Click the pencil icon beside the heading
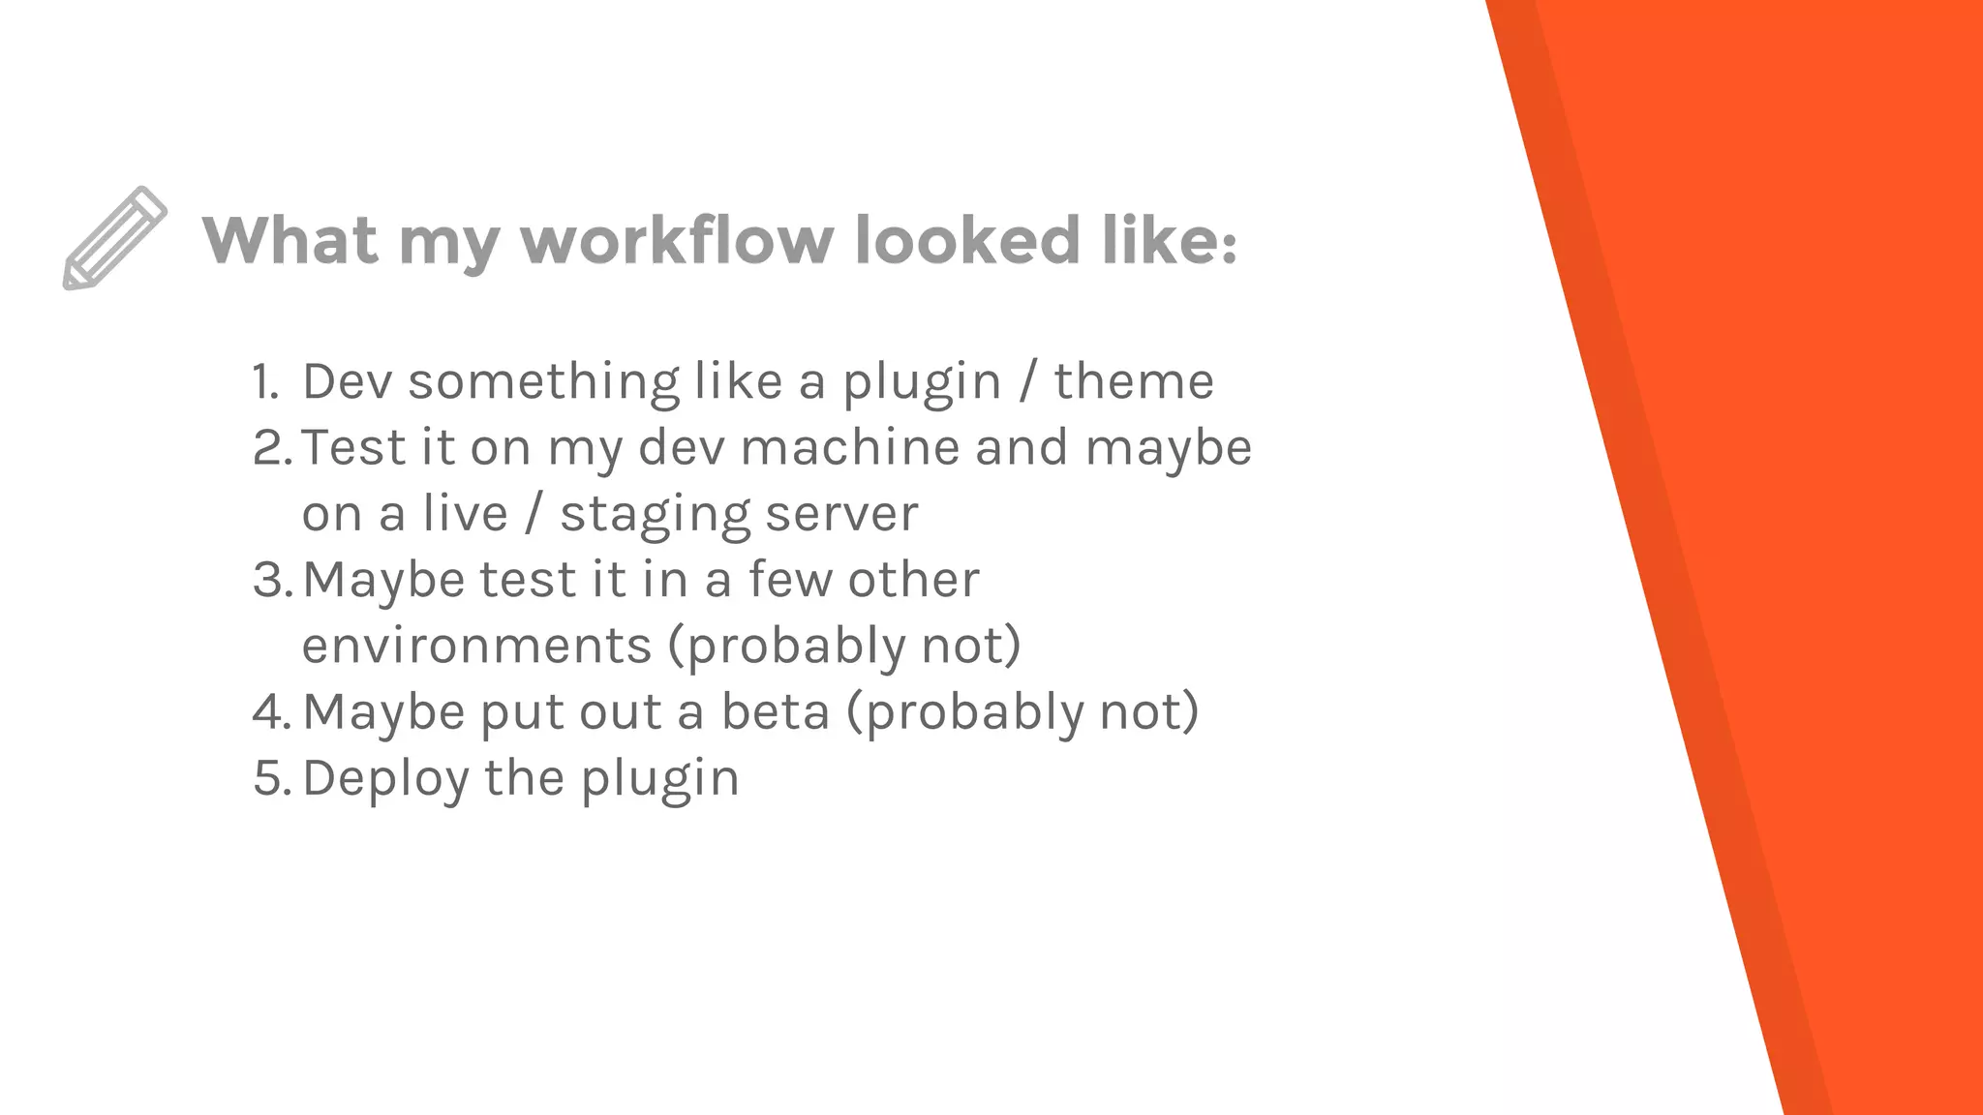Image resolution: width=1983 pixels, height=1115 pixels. pos(114,238)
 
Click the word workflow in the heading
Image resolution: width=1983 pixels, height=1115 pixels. pos(677,240)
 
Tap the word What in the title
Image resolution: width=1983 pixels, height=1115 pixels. pos(290,240)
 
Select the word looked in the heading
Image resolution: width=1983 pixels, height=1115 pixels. pos(967,240)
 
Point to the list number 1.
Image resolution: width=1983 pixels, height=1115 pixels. pos(264,381)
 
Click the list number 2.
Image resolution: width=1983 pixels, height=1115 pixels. pos(270,448)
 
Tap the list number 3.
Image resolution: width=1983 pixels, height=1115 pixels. pos(270,580)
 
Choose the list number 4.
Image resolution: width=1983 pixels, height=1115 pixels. pos(270,712)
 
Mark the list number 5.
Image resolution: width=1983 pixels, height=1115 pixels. pos(270,778)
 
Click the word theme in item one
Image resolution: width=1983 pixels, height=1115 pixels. pos(1134,381)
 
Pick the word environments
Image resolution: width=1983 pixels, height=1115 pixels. pos(476,646)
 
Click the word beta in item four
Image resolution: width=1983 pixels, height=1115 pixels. pos(775,712)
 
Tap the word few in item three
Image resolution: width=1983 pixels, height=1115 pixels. pos(790,580)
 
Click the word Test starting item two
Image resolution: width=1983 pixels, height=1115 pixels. pos(351,448)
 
